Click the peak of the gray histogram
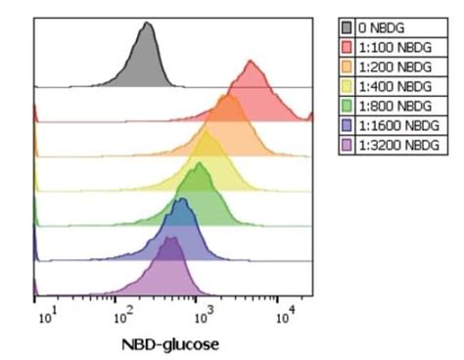pos(146,23)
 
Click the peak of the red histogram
pos(252,63)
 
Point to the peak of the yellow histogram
pos(209,132)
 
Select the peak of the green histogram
pos(199,164)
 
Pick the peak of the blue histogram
pos(181,201)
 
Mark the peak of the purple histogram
pos(170,238)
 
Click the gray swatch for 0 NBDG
pos(347,27)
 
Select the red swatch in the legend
pos(347,47)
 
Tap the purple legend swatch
pos(347,145)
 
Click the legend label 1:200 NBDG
pos(394,67)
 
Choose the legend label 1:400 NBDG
pos(394,86)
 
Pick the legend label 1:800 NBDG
pos(394,106)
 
